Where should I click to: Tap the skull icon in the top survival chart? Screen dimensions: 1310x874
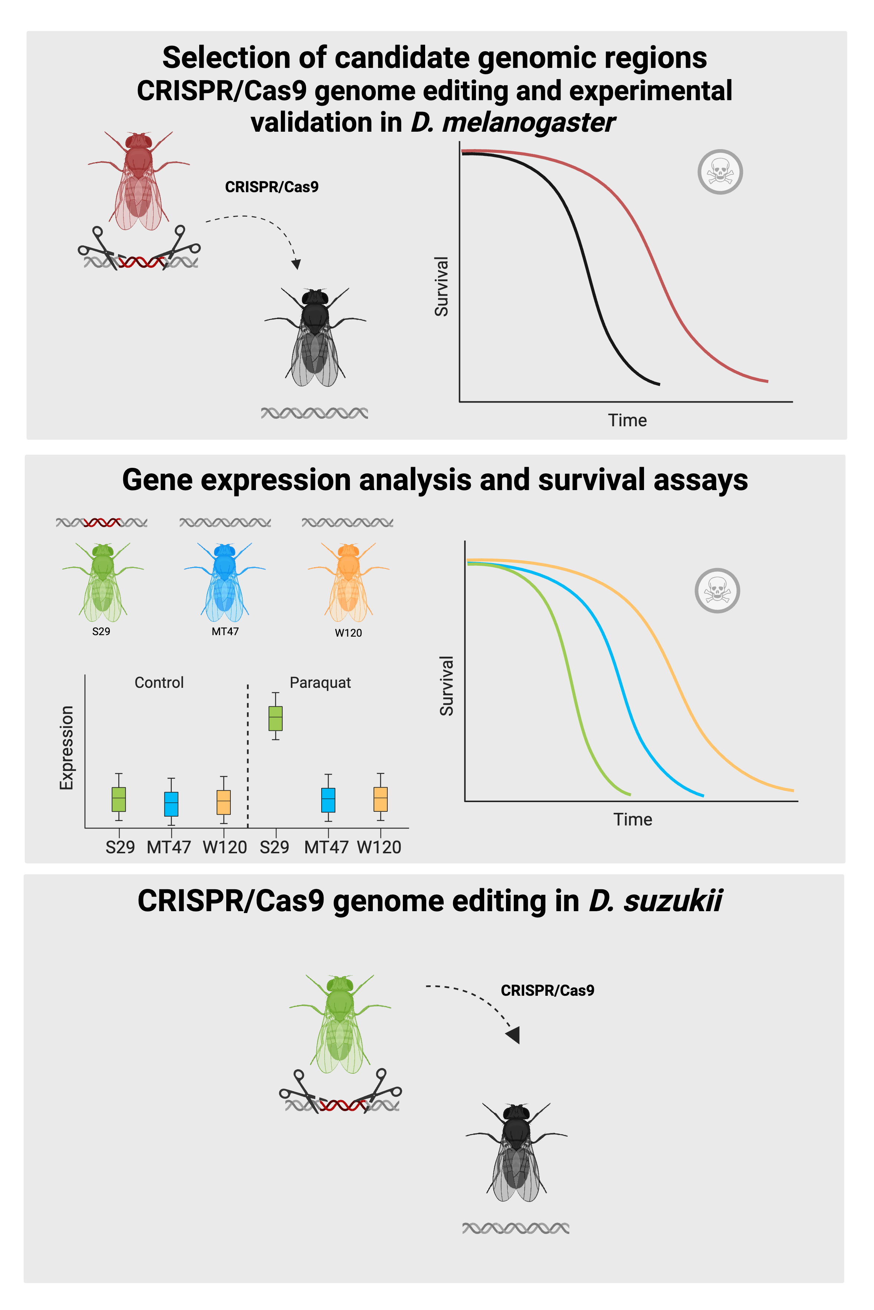(720, 172)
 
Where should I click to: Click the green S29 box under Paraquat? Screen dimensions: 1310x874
(275, 718)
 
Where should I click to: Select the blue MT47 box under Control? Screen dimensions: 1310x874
(171, 803)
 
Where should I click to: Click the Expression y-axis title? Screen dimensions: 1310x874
(66, 748)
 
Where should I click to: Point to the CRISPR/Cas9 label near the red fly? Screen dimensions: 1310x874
(272, 187)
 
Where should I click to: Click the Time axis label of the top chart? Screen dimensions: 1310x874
(627, 420)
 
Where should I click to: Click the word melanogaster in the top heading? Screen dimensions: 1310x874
(528, 122)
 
